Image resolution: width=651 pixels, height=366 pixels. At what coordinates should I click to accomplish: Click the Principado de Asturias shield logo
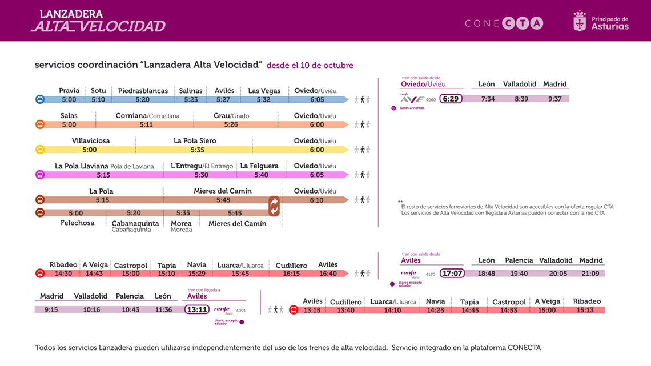pyautogui.click(x=580, y=22)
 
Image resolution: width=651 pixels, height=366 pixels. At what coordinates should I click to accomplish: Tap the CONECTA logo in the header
pyautogui.click(x=504, y=23)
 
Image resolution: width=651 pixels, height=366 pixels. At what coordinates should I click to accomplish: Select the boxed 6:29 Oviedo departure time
pyautogui.click(x=451, y=99)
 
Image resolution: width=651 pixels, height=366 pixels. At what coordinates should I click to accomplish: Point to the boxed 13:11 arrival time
pyautogui.click(x=196, y=309)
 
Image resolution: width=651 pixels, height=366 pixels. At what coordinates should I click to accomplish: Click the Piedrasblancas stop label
pyautogui.click(x=143, y=91)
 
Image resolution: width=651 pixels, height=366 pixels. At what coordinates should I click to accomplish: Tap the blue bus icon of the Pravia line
pyautogui.click(x=40, y=99)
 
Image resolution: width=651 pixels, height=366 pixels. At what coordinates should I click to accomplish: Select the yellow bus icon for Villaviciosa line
pyautogui.click(x=40, y=150)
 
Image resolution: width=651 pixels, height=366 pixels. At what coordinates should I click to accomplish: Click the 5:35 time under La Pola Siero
pyautogui.click(x=198, y=150)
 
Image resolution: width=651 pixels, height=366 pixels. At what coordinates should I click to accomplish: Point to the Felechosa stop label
pyautogui.click(x=78, y=223)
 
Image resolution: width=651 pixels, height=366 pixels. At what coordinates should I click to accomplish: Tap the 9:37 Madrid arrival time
pyautogui.click(x=554, y=99)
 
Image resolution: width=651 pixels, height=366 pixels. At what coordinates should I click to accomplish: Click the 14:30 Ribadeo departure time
pyautogui.click(x=63, y=274)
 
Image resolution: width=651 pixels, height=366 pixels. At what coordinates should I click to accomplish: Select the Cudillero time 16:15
pyautogui.click(x=291, y=274)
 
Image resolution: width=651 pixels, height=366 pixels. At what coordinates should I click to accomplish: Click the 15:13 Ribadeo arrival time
pyautogui.click(x=585, y=310)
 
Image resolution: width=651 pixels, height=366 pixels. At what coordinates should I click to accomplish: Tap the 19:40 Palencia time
pyautogui.click(x=519, y=274)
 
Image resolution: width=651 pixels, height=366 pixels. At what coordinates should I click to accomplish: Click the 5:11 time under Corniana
pyautogui.click(x=146, y=124)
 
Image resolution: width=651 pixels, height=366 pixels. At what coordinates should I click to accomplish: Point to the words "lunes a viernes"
pyautogui.click(x=412, y=108)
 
